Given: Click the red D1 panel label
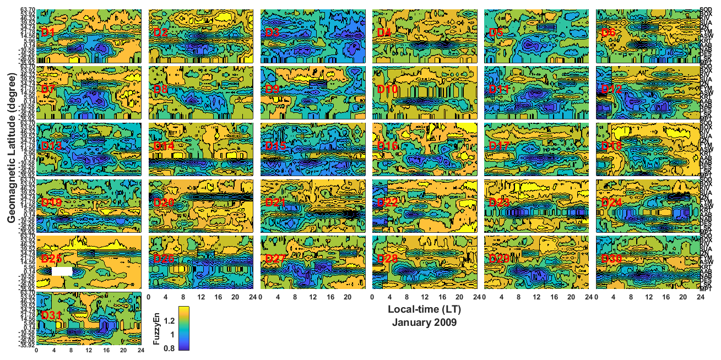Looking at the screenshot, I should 48,32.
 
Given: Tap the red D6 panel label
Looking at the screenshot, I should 609,32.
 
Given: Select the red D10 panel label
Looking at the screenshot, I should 387,89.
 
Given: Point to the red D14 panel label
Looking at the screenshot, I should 164,146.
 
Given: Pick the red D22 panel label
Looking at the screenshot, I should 387,203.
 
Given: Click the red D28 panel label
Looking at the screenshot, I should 387,259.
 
